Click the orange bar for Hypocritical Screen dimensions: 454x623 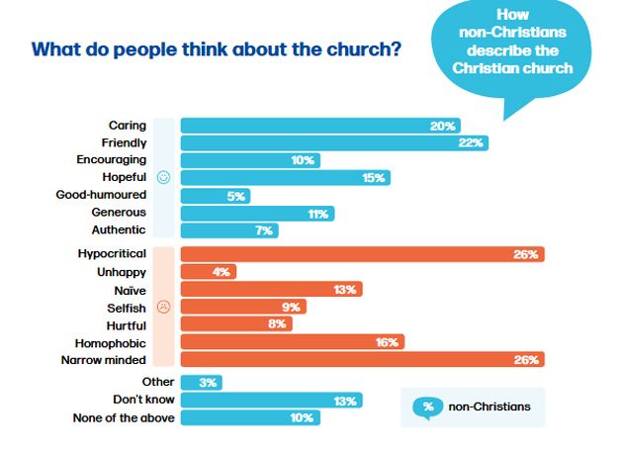tap(362, 254)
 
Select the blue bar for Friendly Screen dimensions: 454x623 tap(334, 143)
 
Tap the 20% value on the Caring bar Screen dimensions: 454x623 tap(442, 126)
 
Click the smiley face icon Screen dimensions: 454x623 tap(164, 178)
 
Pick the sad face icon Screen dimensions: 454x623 tap(164, 307)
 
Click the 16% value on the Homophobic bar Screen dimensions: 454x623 tap(386, 342)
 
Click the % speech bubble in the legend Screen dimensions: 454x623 tap(428, 407)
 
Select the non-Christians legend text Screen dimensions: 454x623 tap(491, 407)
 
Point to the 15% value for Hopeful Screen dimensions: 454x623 tap(375, 178)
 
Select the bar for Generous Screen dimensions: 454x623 tap(257, 213)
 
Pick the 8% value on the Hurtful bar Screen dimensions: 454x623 tap(276, 324)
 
